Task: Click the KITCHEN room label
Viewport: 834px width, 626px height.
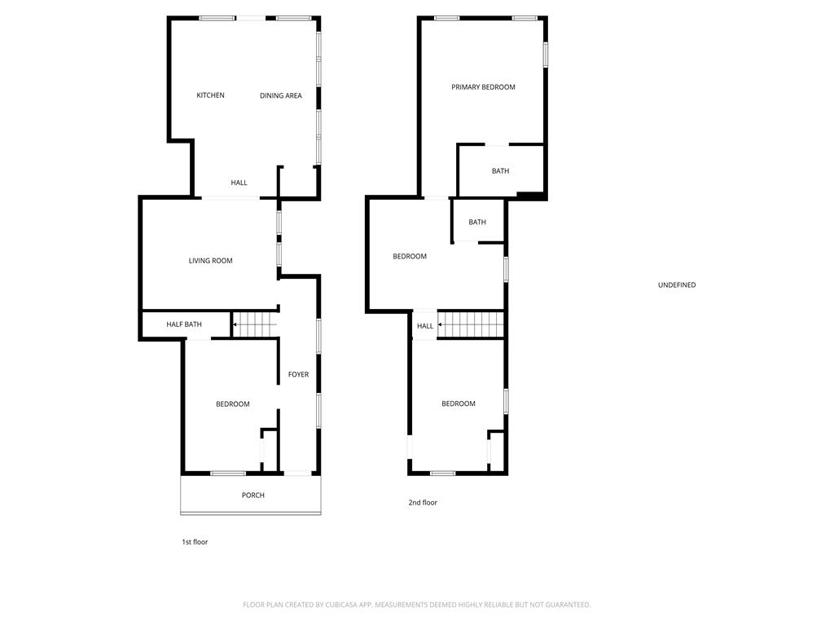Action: (x=211, y=95)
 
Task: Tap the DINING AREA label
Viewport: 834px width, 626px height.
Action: (x=281, y=96)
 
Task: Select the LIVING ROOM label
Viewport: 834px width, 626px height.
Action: (x=211, y=261)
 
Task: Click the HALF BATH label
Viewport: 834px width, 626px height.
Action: (x=184, y=324)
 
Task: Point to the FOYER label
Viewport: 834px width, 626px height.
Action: (x=298, y=374)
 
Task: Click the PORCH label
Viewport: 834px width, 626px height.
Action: (x=253, y=495)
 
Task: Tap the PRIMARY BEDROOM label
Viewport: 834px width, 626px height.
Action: (x=484, y=87)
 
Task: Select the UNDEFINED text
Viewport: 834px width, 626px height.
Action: (x=677, y=284)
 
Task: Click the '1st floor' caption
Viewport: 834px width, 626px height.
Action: (x=195, y=542)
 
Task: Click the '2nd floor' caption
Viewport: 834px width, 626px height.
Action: (x=423, y=502)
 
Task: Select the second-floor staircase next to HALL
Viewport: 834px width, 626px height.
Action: (x=471, y=324)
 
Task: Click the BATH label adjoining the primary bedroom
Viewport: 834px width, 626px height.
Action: (x=501, y=171)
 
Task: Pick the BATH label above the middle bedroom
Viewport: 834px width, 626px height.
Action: (x=477, y=222)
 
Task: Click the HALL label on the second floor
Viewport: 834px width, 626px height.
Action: (x=425, y=326)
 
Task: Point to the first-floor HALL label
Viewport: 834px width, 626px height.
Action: (x=239, y=183)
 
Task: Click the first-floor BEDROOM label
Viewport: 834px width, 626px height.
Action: (x=233, y=404)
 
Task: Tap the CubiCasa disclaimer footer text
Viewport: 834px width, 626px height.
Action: (x=416, y=605)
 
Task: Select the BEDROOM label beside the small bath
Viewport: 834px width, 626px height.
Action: (x=410, y=257)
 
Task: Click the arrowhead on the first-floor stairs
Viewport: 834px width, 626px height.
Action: (x=235, y=324)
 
